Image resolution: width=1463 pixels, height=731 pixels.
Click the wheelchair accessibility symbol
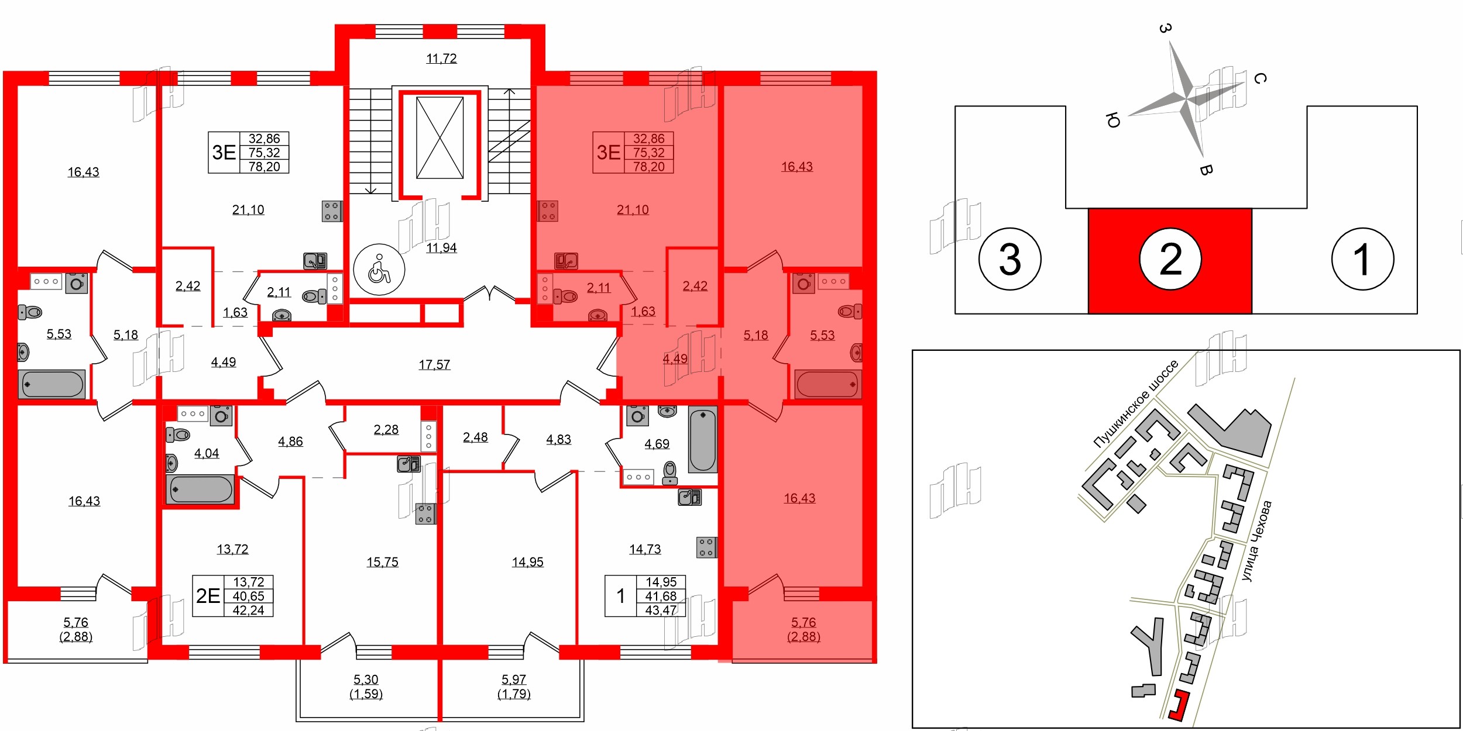tap(379, 270)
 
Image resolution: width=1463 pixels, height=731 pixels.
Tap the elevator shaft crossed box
tap(439, 138)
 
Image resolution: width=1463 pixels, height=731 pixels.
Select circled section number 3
tap(1009, 258)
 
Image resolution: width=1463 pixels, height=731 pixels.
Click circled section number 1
tap(1362, 258)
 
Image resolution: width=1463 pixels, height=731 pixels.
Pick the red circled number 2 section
tap(1170, 258)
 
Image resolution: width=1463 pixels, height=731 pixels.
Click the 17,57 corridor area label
tap(434, 365)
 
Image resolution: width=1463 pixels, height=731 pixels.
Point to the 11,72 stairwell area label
tap(441, 58)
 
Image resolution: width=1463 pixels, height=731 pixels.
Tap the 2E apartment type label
tap(208, 596)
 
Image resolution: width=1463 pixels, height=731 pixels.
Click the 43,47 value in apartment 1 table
tap(661, 610)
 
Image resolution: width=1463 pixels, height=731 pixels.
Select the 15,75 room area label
tap(382, 562)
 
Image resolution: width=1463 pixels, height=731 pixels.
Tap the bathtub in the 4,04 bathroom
tap(200, 489)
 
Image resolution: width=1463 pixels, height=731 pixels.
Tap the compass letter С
tap(1261, 78)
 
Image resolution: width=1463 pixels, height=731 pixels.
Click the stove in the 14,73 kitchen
tap(706, 547)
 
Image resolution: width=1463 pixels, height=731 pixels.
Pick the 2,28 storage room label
tap(386, 430)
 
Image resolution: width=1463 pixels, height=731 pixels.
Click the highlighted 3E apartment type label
tap(608, 153)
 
